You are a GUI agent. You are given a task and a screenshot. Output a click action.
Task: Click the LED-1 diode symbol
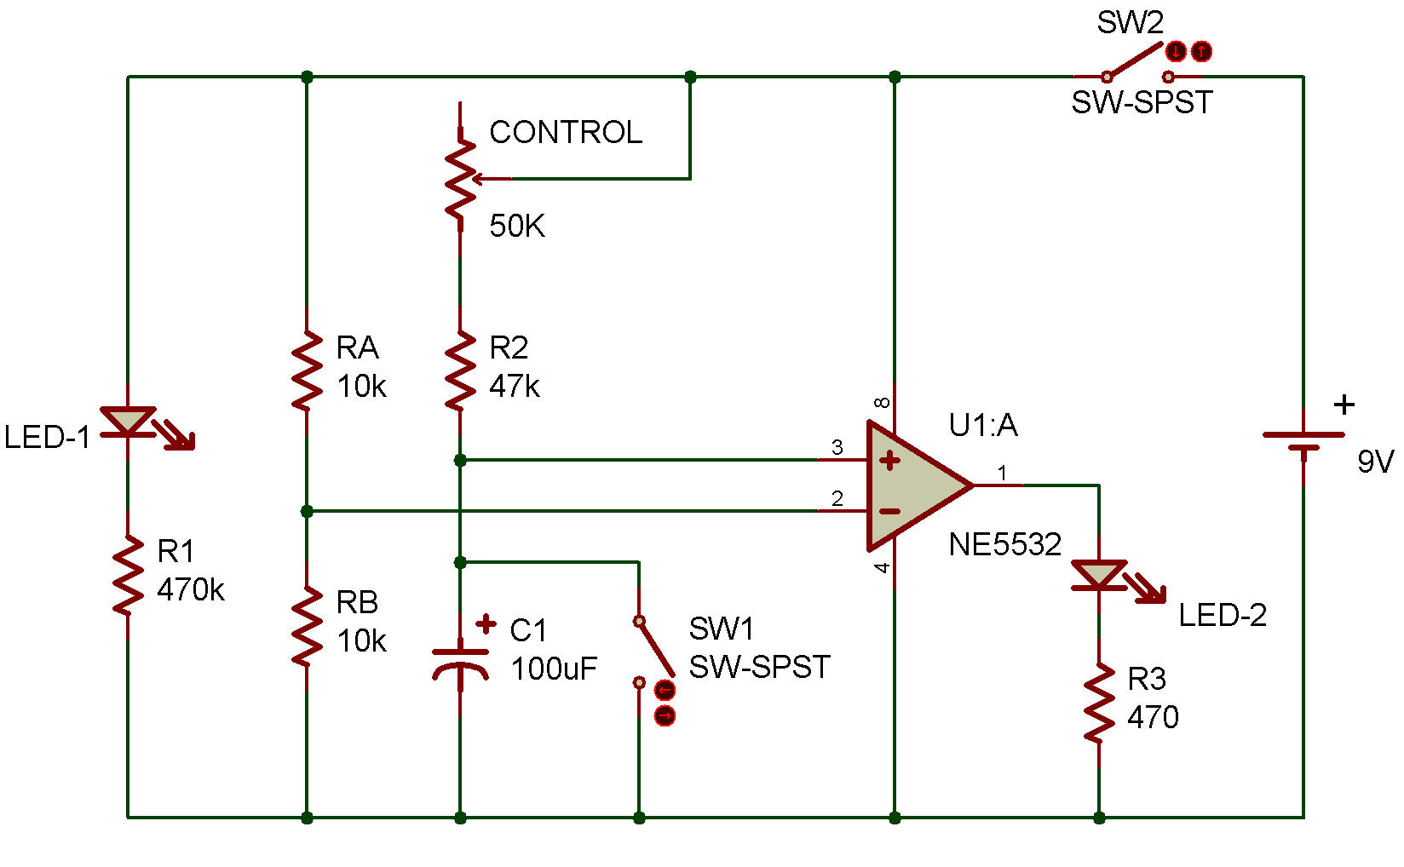click(128, 422)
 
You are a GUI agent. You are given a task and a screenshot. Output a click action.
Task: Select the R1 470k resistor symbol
click(128, 575)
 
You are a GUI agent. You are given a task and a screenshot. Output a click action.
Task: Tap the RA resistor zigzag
click(307, 370)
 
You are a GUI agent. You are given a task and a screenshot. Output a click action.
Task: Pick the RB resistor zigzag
click(307, 626)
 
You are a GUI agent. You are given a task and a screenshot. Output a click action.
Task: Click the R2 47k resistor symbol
click(460, 370)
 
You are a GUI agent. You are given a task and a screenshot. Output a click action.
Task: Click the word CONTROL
click(565, 132)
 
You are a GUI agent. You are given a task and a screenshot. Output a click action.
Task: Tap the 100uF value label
click(554, 669)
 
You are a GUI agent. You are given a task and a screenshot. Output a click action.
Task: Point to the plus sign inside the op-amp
click(889, 461)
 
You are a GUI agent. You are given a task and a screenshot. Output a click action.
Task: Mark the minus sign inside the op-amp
click(889, 511)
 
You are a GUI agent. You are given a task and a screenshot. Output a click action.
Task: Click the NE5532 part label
click(1005, 544)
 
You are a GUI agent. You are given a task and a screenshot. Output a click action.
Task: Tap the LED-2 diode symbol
click(1099, 576)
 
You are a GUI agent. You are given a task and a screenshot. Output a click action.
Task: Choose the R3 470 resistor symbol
click(1099, 703)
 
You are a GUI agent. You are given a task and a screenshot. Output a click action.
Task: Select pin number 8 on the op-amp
click(883, 402)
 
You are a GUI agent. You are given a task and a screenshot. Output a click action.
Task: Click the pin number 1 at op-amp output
click(1002, 472)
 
